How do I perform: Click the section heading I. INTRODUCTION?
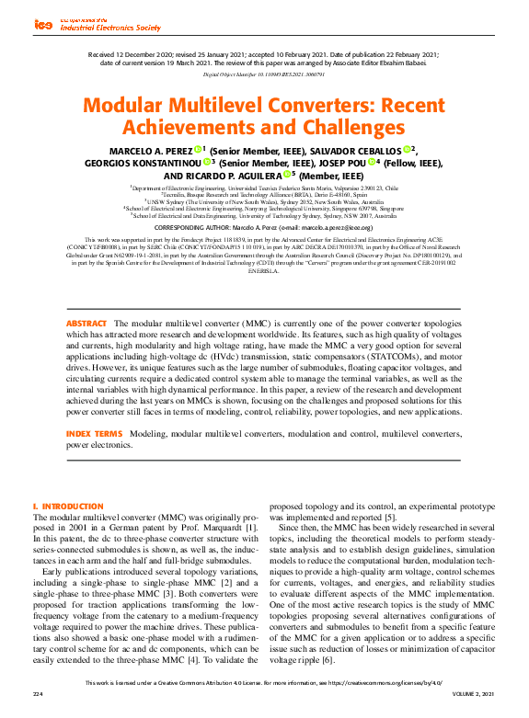pos(68,506)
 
